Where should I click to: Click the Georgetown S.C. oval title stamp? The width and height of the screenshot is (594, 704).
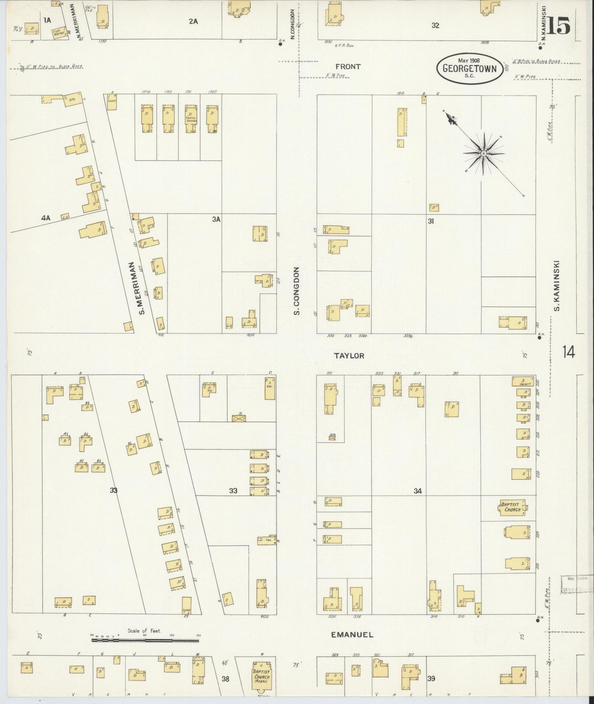(469, 68)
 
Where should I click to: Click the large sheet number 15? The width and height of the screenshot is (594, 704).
(558, 27)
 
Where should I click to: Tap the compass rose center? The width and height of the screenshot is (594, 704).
(484, 154)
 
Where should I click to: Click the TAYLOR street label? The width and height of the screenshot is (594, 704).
(349, 356)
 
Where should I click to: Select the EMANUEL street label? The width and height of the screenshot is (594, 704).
(352, 635)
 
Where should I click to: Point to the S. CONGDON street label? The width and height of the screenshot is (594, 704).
(296, 291)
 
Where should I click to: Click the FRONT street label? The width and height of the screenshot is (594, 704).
(348, 67)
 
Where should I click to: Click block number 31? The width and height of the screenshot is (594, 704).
(431, 221)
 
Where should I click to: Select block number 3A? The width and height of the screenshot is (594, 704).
(216, 219)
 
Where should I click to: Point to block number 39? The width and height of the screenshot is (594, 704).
(431, 679)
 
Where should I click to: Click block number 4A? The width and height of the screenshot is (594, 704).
(45, 219)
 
